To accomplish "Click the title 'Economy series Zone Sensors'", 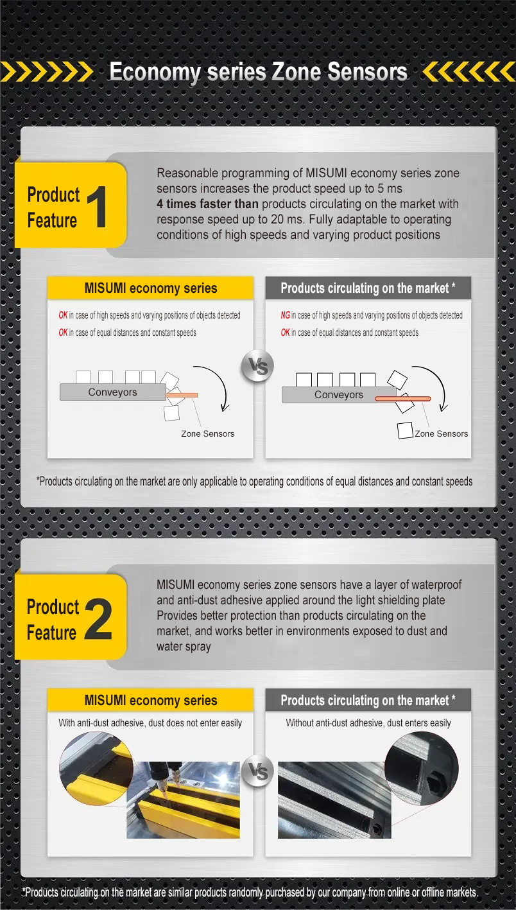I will pos(258,72).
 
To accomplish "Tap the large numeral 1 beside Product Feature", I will pos(96,207).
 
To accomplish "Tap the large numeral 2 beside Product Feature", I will pos(98,620).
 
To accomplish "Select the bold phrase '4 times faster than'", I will pos(207,204).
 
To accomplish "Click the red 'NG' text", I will pos(285,315).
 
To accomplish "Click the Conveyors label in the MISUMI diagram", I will pos(112,392).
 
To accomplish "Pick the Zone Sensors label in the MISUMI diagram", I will pos(207,434).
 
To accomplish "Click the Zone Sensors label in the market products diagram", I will pos(442,434).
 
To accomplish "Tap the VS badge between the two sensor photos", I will pos(259,771).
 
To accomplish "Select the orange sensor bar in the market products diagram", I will pos(402,399).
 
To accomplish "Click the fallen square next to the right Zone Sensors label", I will pos(405,431).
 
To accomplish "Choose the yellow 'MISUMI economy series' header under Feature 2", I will pos(151,700).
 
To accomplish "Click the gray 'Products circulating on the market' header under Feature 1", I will pos(368,288).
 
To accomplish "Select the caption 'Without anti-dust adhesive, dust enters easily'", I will pos(368,723).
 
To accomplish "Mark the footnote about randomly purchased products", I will pos(250,892).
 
